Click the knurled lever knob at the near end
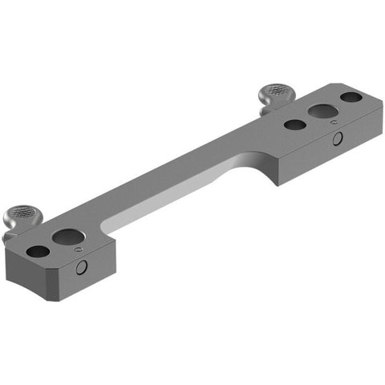tap(21, 214)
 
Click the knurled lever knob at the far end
tap(275, 94)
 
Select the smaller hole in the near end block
tap(36, 251)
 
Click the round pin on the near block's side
tap(81, 269)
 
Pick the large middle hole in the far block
tap(323, 111)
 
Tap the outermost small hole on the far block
tap(350, 98)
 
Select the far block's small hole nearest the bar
tap(294, 125)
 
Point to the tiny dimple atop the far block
tap(334, 123)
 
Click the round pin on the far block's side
tap(338, 140)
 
